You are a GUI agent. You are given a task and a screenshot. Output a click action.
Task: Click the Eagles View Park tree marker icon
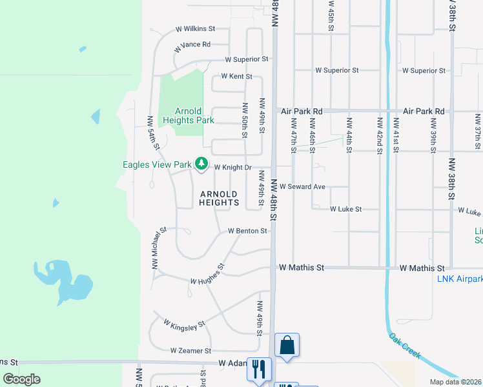(x=202, y=164)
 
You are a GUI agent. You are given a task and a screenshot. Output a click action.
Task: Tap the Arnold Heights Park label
(x=188, y=115)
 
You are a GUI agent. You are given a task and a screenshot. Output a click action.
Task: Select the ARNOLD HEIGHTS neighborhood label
(x=219, y=198)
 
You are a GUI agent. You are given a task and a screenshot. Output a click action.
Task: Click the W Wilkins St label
(x=195, y=29)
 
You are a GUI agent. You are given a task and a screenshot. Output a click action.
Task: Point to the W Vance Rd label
(x=192, y=45)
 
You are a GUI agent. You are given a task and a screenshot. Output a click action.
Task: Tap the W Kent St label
(x=236, y=76)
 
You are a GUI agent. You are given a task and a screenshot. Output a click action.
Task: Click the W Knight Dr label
(x=232, y=167)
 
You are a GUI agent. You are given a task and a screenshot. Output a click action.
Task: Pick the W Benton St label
(x=247, y=231)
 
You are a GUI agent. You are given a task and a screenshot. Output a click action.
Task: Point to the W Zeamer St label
(x=190, y=351)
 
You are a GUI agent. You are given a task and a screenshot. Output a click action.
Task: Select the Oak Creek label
(x=406, y=346)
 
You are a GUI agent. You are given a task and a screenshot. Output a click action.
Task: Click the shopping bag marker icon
(x=287, y=345)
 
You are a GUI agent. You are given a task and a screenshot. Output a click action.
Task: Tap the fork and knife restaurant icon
(x=258, y=370)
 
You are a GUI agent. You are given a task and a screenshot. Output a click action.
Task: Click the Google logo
(x=21, y=379)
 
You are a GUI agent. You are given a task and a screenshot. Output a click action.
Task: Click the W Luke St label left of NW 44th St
(x=345, y=210)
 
